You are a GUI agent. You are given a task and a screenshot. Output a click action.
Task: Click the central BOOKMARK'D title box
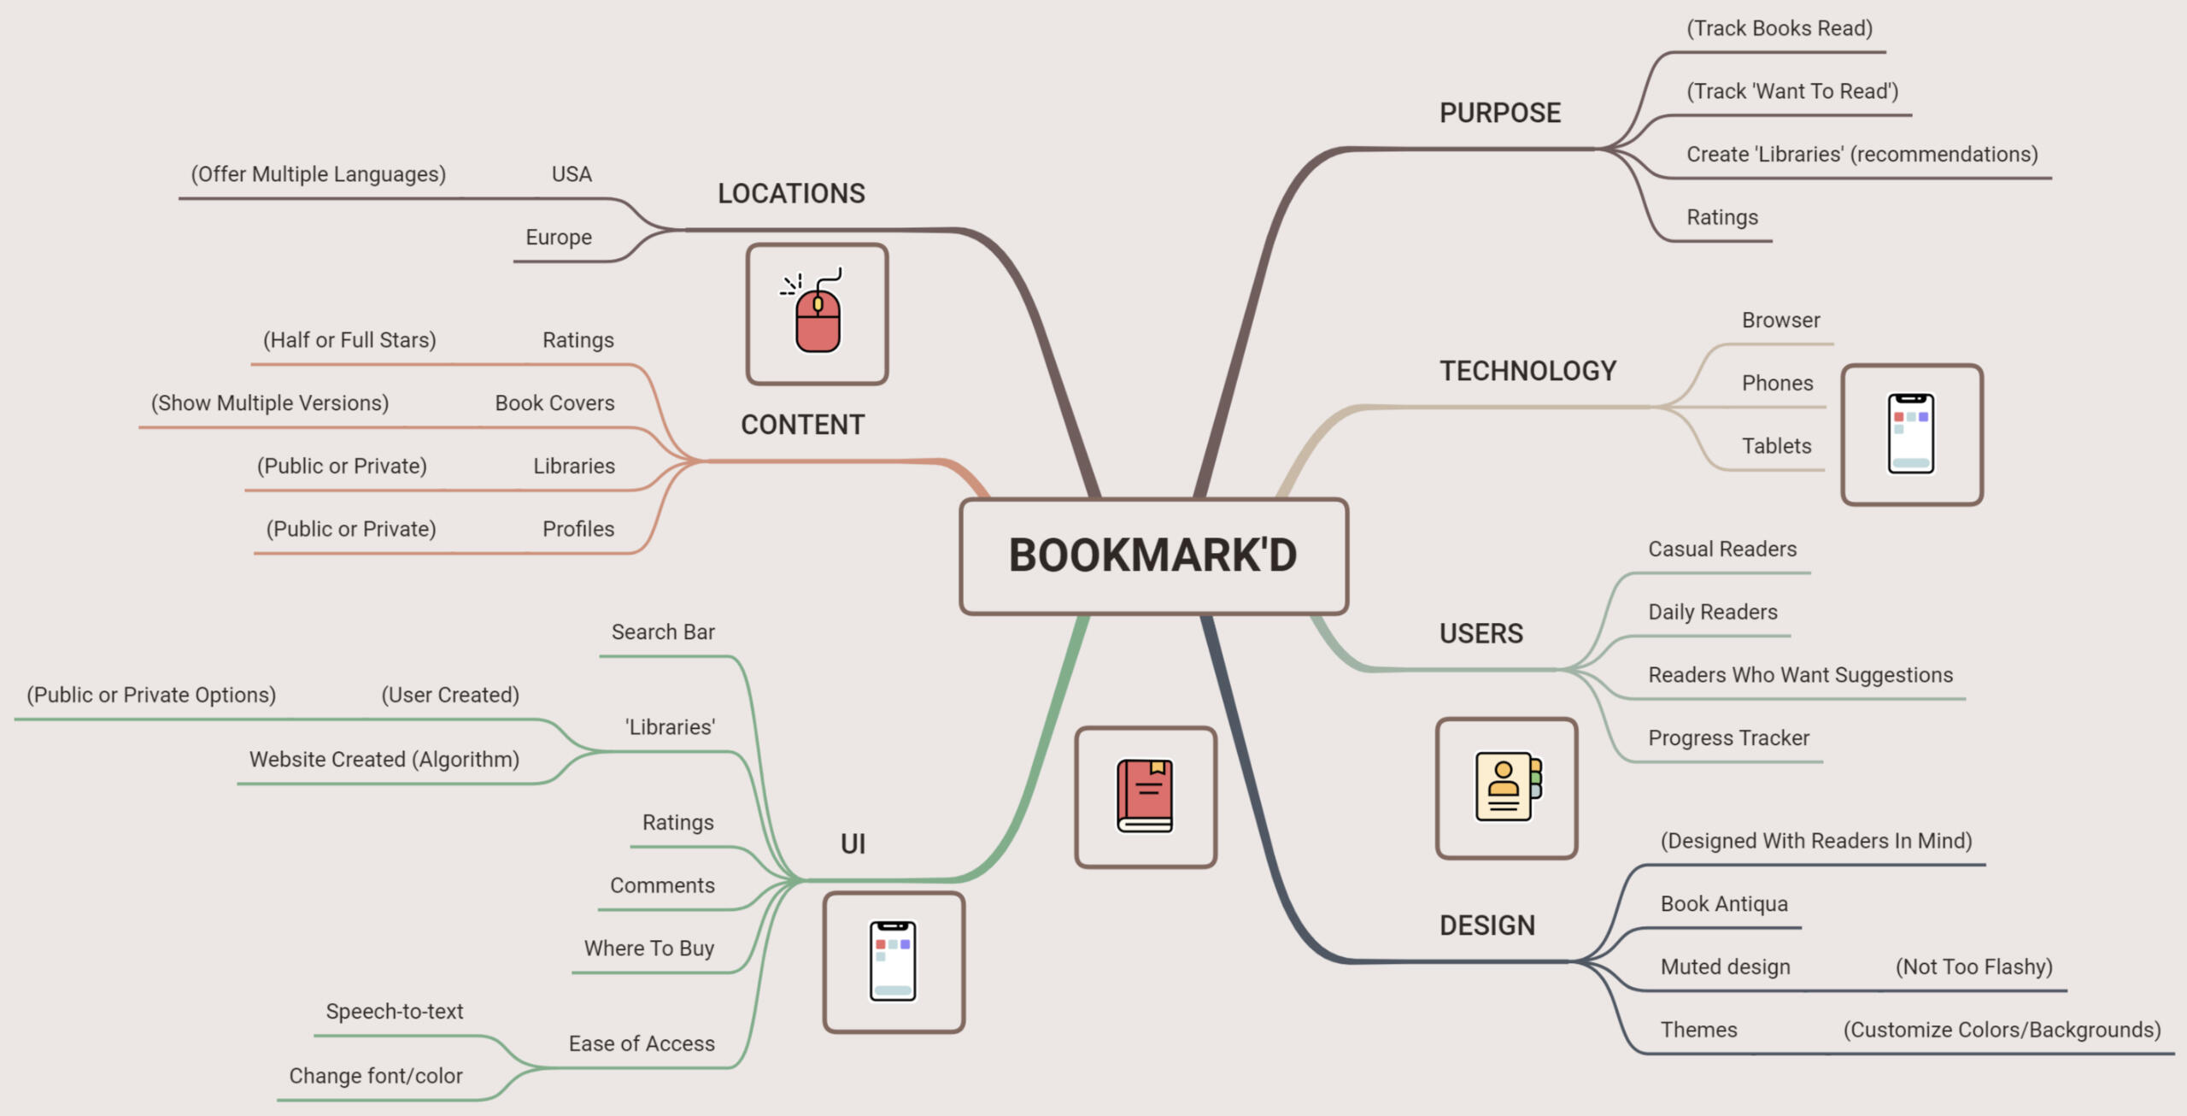(1153, 555)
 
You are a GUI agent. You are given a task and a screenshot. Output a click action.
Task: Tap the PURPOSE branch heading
(1499, 113)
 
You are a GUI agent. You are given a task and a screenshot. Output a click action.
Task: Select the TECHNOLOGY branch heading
(1527, 371)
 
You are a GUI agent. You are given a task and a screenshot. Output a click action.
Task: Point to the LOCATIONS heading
(791, 194)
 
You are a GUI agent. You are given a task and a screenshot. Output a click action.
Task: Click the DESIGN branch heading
(1486, 925)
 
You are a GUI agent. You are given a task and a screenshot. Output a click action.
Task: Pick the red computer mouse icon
(818, 314)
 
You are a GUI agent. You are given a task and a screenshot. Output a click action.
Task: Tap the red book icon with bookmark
(1146, 796)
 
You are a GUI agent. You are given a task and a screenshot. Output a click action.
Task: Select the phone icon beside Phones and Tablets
(1911, 434)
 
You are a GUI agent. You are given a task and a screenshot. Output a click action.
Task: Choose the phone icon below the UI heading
(894, 961)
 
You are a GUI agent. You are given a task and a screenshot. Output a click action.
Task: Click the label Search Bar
(663, 632)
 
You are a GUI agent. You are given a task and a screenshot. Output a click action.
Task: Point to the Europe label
(559, 238)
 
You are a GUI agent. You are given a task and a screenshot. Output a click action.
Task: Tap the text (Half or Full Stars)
(349, 340)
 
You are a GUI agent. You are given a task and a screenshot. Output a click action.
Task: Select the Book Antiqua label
(1724, 904)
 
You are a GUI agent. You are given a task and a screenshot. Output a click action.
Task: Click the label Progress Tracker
(1728, 738)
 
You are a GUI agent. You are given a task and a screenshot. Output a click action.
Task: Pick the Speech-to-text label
(395, 1012)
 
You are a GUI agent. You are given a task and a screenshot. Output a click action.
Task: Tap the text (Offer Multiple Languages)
(319, 174)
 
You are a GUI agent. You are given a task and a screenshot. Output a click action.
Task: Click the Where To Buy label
(649, 949)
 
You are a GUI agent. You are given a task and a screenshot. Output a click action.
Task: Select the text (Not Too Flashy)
(1973, 967)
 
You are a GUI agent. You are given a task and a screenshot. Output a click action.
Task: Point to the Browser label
(1780, 320)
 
